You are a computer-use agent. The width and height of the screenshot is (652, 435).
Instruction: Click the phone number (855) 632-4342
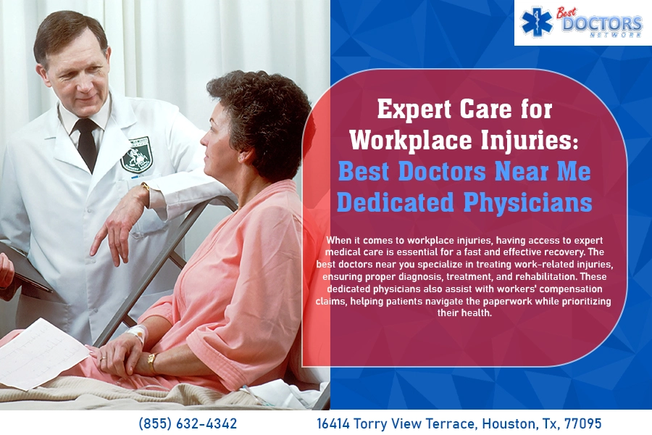(x=188, y=423)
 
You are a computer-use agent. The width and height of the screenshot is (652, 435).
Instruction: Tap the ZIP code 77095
(x=582, y=423)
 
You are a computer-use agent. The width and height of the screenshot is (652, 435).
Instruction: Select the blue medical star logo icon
(x=537, y=22)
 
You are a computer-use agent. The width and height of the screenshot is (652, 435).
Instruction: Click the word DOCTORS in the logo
(x=602, y=23)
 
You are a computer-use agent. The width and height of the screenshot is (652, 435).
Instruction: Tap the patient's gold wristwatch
(x=152, y=362)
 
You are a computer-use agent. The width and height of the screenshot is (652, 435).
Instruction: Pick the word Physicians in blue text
(x=527, y=203)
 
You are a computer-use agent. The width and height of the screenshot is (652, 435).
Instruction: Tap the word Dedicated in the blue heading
(x=395, y=202)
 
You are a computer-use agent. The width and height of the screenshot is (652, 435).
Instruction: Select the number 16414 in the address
(x=333, y=423)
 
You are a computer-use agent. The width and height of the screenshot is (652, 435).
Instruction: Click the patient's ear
(x=246, y=155)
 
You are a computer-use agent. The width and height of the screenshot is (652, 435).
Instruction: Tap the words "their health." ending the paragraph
(x=464, y=312)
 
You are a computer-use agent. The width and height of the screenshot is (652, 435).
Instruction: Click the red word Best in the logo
(x=567, y=12)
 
